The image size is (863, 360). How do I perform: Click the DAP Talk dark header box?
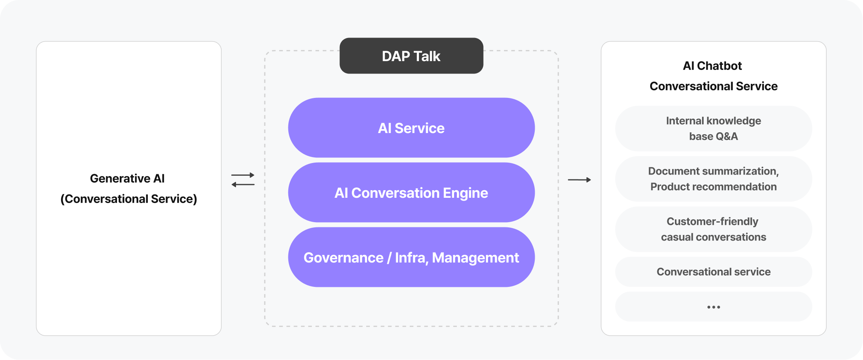(x=411, y=56)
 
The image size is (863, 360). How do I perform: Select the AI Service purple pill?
(x=411, y=128)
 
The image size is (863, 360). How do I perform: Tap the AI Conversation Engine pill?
(x=411, y=193)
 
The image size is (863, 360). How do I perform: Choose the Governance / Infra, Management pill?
(x=411, y=257)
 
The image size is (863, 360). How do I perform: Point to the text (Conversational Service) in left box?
(x=129, y=199)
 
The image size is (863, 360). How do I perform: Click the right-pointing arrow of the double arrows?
(x=243, y=175)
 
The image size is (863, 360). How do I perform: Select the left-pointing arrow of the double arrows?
(x=243, y=185)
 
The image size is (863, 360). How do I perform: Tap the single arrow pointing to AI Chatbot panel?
(x=579, y=180)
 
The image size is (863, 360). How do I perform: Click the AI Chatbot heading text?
(x=712, y=66)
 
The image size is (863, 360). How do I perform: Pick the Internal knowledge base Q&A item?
(x=714, y=128)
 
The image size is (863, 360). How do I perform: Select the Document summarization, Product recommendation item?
(x=714, y=179)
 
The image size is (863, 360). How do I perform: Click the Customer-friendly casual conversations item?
(x=714, y=229)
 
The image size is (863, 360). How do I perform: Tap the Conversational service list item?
(x=714, y=272)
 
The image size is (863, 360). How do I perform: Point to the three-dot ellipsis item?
(x=714, y=307)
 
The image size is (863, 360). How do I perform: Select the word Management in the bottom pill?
(x=475, y=258)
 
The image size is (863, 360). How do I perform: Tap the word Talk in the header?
(x=427, y=56)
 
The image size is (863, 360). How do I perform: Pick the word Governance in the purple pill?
(x=343, y=258)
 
